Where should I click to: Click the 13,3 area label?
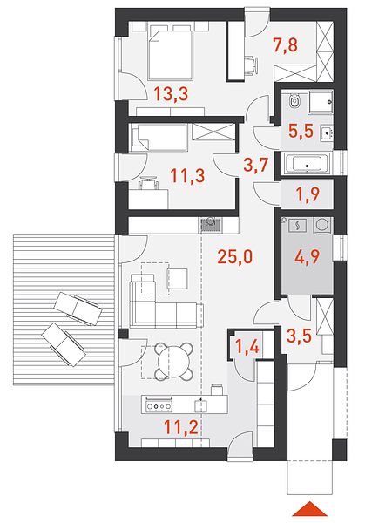pyautogui.click(x=171, y=94)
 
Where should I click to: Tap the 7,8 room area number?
pyautogui.click(x=285, y=45)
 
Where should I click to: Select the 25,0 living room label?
pyautogui.click(x=235, y=256)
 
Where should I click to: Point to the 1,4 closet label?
pyautogui.click(x=247, y=347)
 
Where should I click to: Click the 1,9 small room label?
pyautogui.click(x=308, y=194)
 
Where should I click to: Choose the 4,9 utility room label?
pyautogui.click(x=308, y=256)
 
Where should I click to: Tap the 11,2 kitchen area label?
pyautogui.click(x=181, y=427)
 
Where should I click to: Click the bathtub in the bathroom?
pyautogui.click(x=308, y=164)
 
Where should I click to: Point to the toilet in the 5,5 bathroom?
pyautogui.click(x=294, y=100)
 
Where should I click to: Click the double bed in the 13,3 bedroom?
pyautogui.click(x=172, y=55)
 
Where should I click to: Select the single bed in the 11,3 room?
pyautogui.click(x=159, y=138)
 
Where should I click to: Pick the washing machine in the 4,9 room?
pyautogui.click(x=322, y=225)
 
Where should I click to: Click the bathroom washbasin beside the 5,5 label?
pyautogui.click(x=327, y=133)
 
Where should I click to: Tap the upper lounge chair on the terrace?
pyautogui.click(x=78, y=309)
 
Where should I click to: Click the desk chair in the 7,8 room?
pyautogui.click(x=252, y=66)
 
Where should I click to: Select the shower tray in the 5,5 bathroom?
pyautogui.click(x=321, y=101)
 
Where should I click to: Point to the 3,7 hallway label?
pyautogui.click(x=256, y=165)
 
